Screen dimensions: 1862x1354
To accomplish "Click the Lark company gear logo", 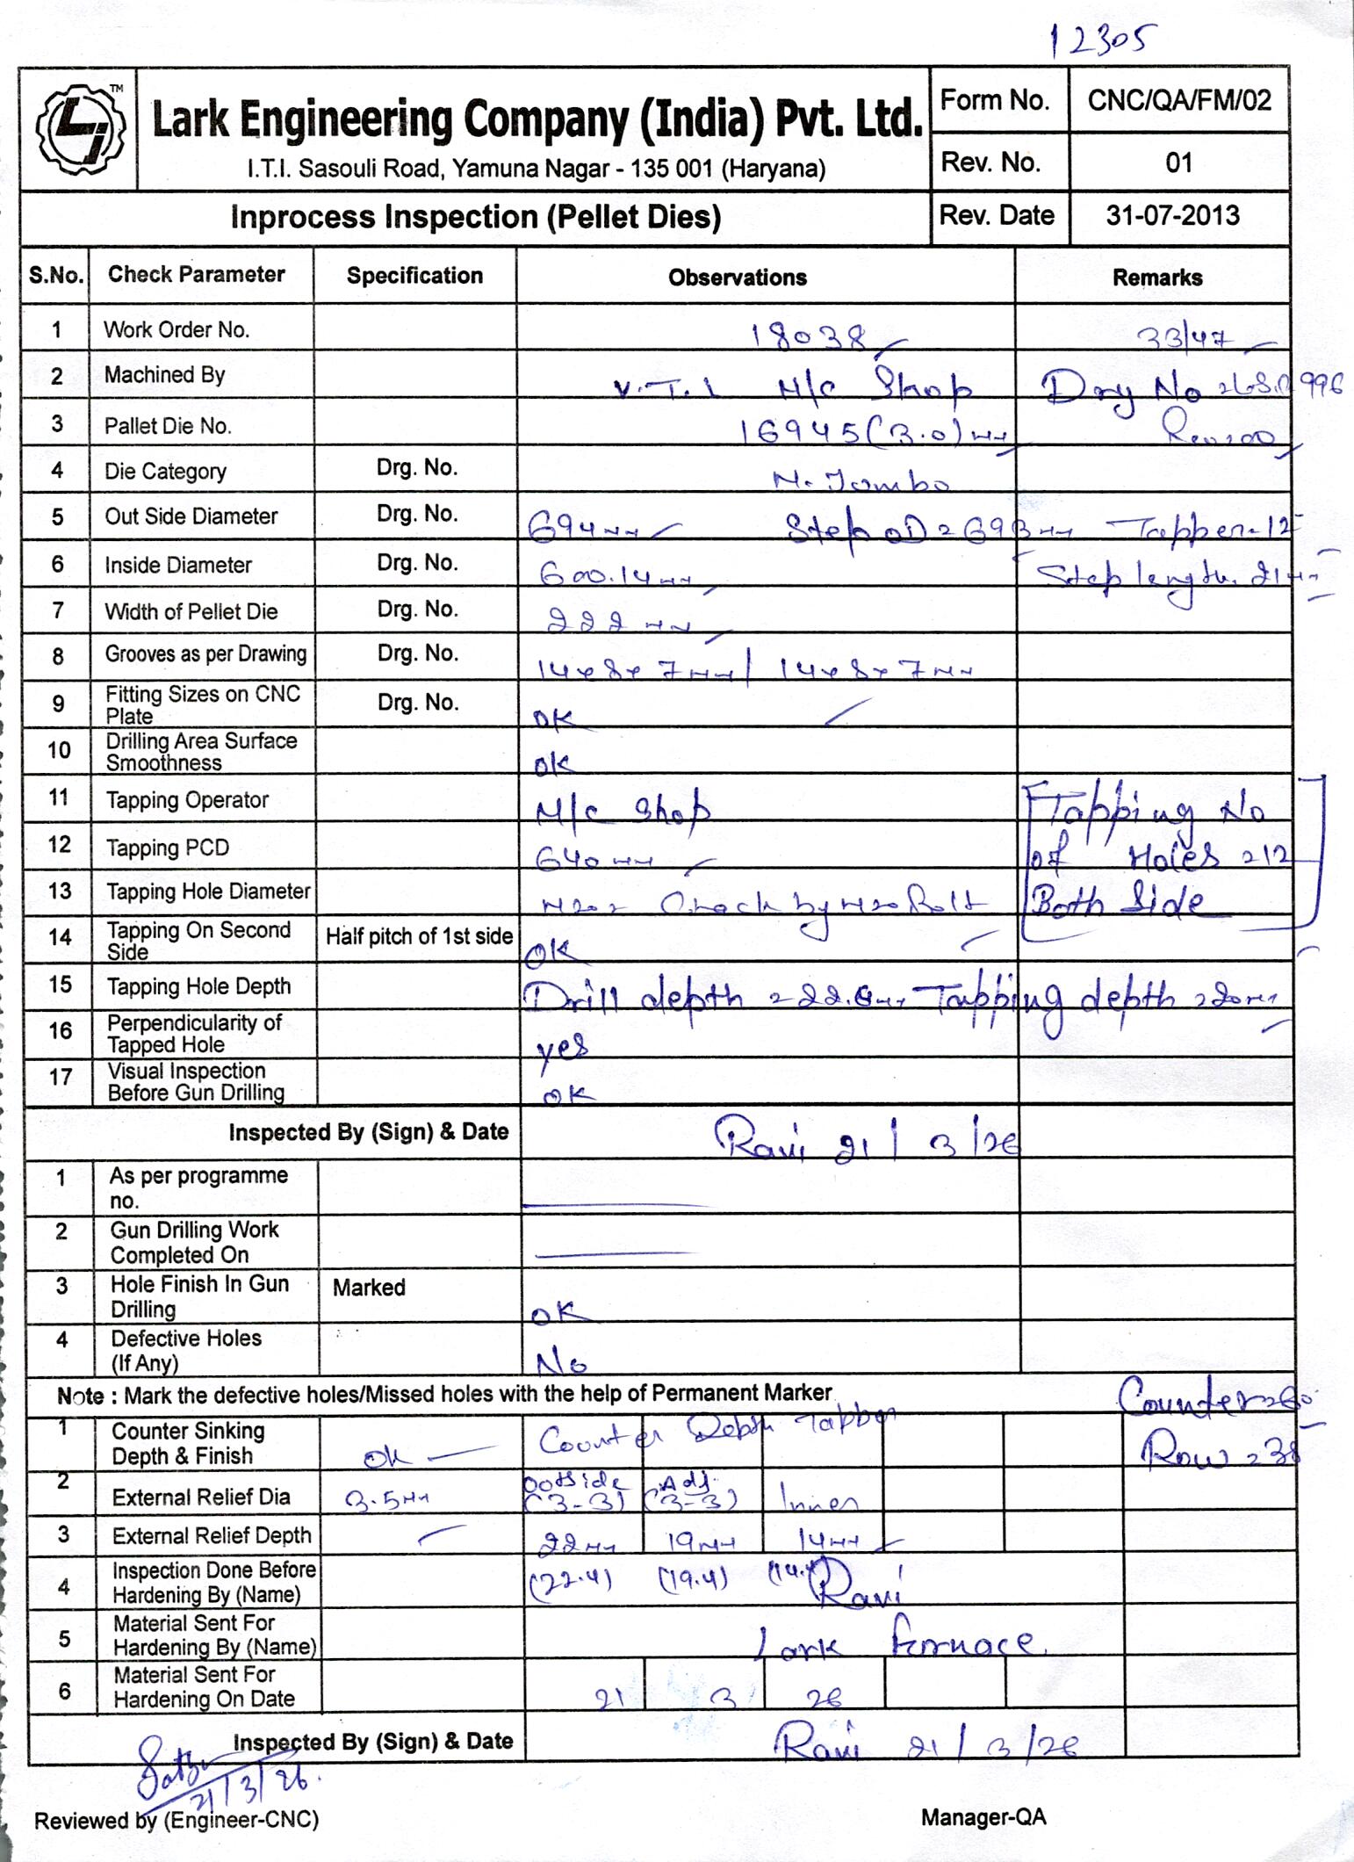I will click(x=79, y=128).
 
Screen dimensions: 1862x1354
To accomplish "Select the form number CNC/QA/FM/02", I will click(x=1178, y=101).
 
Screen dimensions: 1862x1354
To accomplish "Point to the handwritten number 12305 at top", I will click(x=1104, y=39).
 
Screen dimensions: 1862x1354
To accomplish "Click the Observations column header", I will click(x=737, y=278).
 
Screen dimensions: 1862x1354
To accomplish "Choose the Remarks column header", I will click(x=1156, y=278).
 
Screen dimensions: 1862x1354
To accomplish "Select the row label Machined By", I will click(x=164, y=375).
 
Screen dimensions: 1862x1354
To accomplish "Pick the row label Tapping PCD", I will click(x=167, y=848).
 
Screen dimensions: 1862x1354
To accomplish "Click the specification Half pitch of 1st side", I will click(x=419, y=936).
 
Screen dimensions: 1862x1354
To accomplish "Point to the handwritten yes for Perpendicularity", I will click(x=562, y=1044).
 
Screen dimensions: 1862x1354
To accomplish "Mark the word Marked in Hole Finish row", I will click(x=369, y=1288).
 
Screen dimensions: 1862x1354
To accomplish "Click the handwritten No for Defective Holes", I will click(x=561, y=1362).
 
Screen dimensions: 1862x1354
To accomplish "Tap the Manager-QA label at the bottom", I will click(x=983, y=1817).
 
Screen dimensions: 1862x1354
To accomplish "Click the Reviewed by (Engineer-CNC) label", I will click(x=176, y=1820).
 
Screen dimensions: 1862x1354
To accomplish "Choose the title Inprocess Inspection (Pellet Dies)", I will click(x=475, y=217).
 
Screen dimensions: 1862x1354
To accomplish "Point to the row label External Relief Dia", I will click(x=200, y=1497).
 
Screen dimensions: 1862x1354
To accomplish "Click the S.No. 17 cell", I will click(x=60, y=1077).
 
